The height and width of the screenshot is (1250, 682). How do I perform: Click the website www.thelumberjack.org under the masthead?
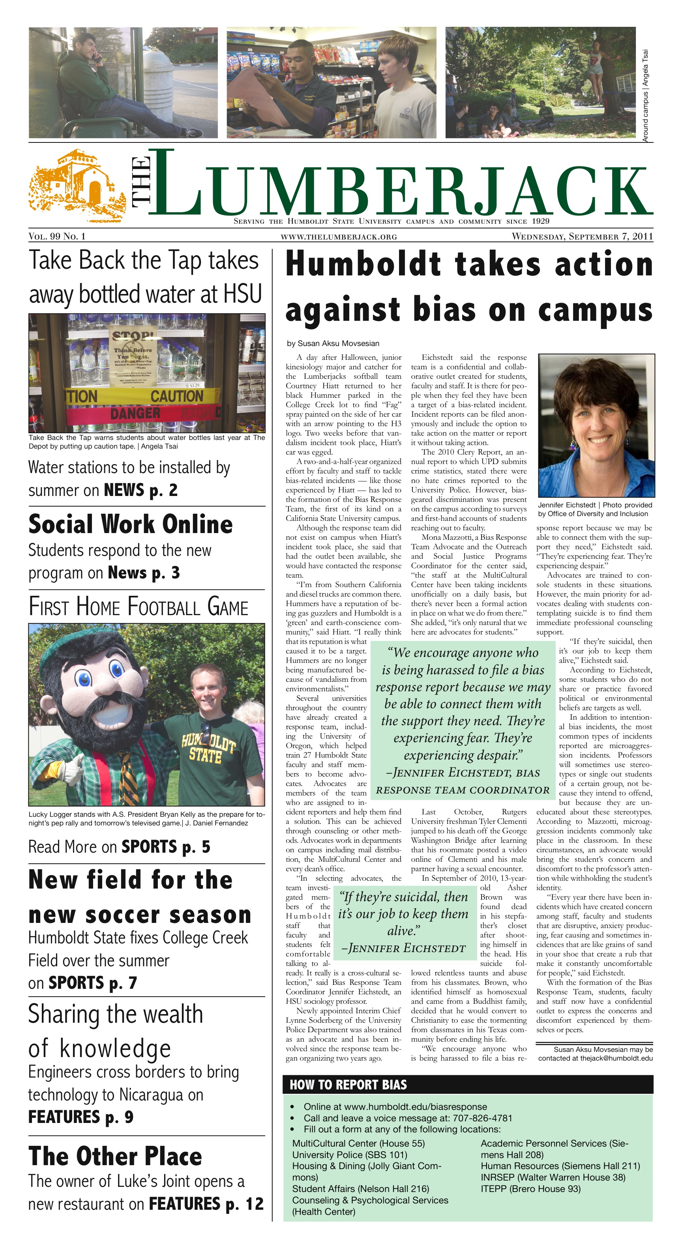[339, 237]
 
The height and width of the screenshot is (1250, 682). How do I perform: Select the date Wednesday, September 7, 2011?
[582, 236]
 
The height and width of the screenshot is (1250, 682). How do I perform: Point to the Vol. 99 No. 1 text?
[57, 236]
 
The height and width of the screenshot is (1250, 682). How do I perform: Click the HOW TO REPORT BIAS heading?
[348, 1085]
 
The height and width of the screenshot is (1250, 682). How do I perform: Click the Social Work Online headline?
[131, 524]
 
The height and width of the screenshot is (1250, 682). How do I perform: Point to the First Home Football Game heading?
[139, 606]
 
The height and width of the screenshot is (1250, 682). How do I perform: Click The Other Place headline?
[115, 1156]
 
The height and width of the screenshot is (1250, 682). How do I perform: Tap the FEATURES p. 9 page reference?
[81, 1117]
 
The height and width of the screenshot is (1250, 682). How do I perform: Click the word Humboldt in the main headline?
[363, 264]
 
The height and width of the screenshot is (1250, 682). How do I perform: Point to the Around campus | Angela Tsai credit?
[645, 95]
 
